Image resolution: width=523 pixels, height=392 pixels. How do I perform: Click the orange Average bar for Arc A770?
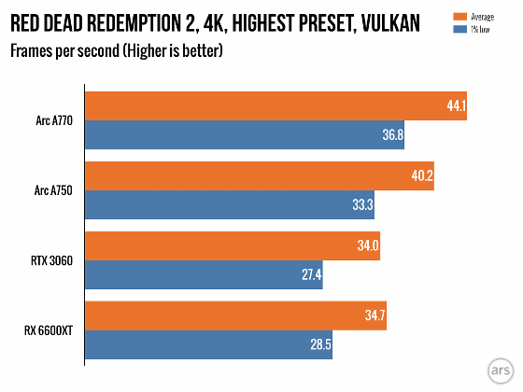coord(276,105)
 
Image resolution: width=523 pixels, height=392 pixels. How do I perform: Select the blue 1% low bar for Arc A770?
coord(246,135)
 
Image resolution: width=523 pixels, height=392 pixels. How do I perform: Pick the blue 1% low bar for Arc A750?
coord(230,205)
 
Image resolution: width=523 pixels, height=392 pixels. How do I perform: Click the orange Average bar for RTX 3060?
coord(233,245)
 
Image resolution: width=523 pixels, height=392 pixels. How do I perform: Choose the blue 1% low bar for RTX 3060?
coord(204,275)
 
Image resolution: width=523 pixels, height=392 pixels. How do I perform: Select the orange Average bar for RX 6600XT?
coord(235,316)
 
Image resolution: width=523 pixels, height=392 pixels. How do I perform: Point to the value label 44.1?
coord(456,106)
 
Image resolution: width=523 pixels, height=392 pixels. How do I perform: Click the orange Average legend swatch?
coord(459,16)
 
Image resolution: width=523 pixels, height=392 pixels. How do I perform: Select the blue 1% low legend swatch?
coord(459,28)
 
